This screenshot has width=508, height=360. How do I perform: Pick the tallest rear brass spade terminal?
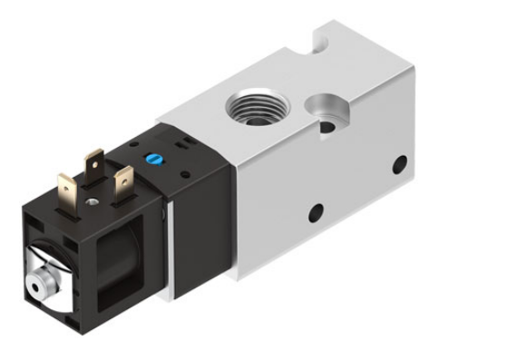coord(95,165)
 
